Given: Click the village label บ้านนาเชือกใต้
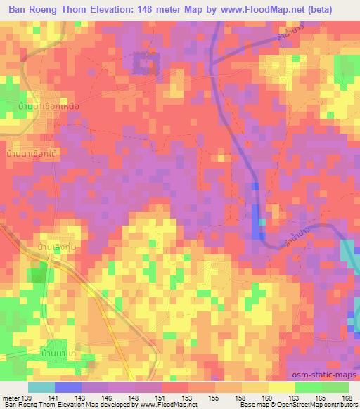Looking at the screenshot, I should pyautogui.click(x=33, y=152).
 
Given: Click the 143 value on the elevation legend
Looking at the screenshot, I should pyautogui.click(x=85, y=398).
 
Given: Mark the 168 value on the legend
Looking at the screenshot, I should pyautogui.click(x=345, y=398).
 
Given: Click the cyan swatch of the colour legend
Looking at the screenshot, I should pyautogui.click(x=41, y=387).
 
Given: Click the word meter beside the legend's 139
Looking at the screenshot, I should pyautogui.click(x=11, y=398).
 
